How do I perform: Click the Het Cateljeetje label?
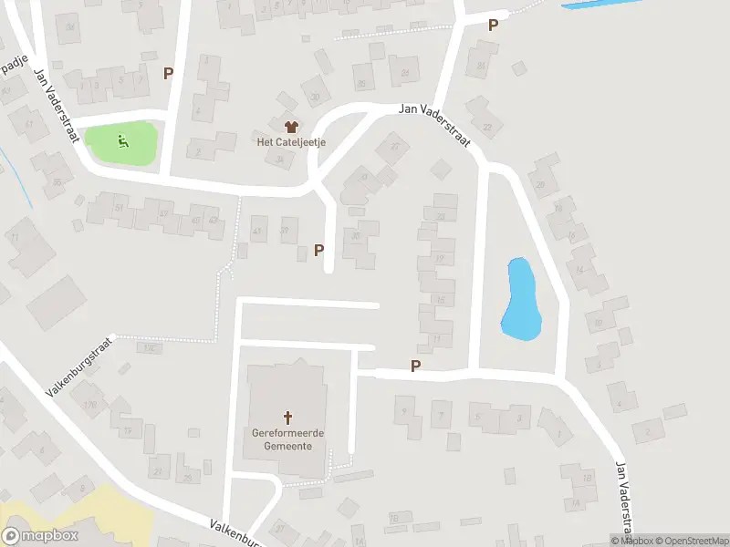click(292, 142)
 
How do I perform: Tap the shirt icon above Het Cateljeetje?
click(292, 127)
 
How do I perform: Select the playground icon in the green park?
click(122, 141)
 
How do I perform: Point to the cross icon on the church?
click(288, 418)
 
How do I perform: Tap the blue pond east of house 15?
click(521, 298)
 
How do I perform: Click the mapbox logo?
click(40, 535)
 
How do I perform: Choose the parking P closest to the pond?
click(416, 366)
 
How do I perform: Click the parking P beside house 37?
click(318, 249)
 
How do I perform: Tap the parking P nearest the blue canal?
click(493, 26)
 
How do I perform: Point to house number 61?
click(30, 124)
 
